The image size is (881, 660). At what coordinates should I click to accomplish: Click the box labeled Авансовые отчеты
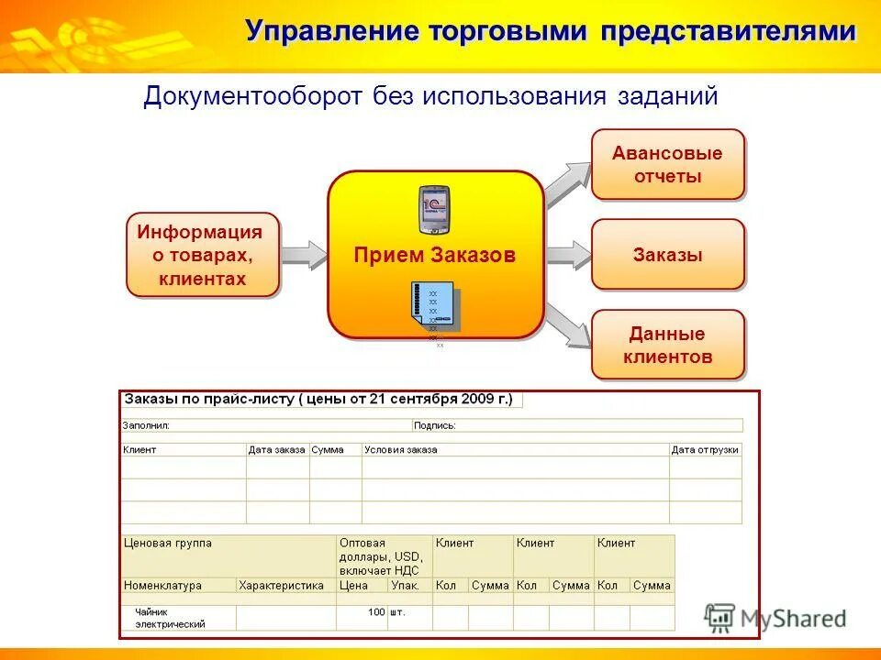667,165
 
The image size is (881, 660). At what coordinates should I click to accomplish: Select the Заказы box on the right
667,255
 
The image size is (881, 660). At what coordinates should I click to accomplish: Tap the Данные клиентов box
667,345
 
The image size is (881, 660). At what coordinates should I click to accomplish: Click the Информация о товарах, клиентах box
202,255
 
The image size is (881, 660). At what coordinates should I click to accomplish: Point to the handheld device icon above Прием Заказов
434,210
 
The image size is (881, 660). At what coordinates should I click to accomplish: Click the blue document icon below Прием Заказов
433,307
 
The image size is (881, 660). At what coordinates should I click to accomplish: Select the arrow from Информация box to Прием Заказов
304,254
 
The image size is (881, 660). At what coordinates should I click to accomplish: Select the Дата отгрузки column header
705,450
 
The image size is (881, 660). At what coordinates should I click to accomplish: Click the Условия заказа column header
401,450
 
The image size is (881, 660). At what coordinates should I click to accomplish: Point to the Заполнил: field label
147,425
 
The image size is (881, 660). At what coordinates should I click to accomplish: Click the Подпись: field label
435,425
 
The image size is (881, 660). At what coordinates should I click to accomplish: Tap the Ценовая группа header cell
168,543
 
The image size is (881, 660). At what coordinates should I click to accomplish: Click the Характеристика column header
281,585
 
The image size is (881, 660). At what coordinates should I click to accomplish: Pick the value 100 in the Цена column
377,611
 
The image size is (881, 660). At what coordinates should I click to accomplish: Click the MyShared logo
776,619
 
